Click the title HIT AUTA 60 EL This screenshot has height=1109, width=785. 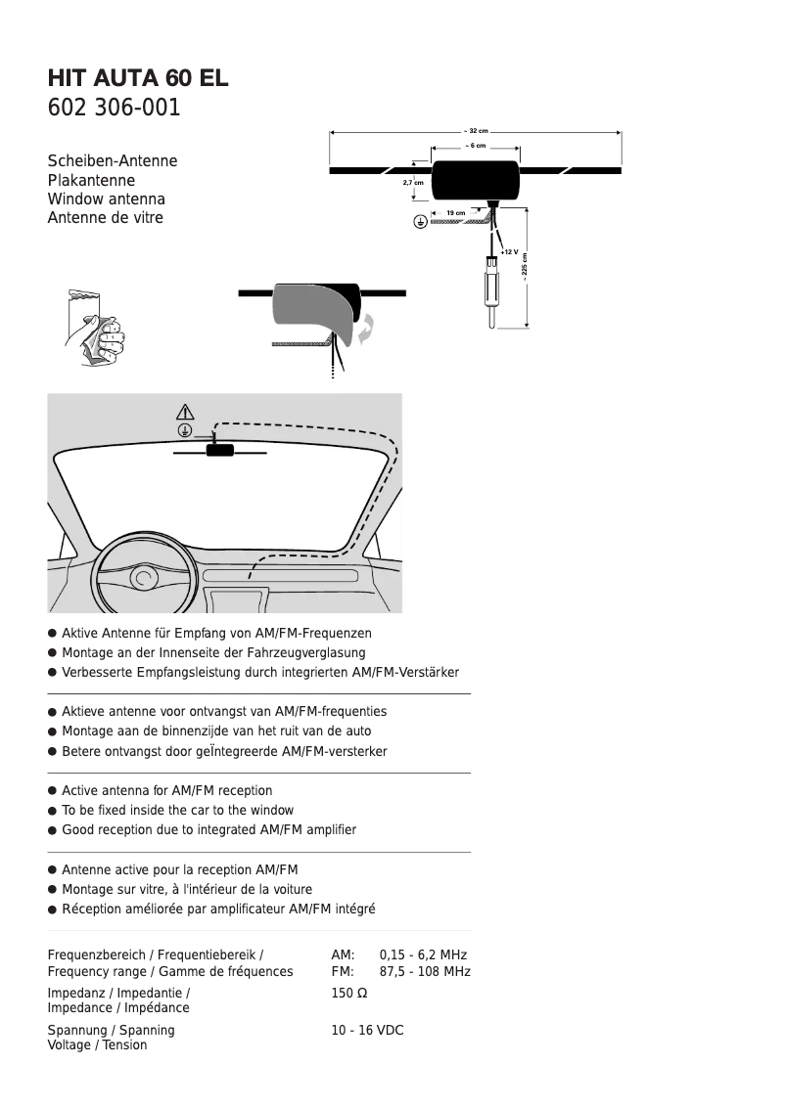click(x=138, y=78)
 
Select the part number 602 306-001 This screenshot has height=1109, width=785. click(x=115, y=108)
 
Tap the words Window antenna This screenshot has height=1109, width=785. click(x=107, y=200)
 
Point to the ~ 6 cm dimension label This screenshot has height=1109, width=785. click(x=476, y=145)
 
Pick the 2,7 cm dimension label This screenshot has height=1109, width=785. click(x=413, y=183)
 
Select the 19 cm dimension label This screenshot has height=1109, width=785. click(x=455, y=212)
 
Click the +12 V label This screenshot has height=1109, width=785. click(x=509, y=251)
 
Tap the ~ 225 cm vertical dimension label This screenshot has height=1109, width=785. click(x=525, y=269)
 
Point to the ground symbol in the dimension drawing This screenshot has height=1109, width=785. click(x=419, y=222)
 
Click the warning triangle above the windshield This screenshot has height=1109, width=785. click(x=185, y=411)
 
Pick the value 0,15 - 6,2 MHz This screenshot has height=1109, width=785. click(x=423, y=954)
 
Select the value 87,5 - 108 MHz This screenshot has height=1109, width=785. click(x=425, y=971)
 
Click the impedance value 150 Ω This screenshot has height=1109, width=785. click(x=349, y=993)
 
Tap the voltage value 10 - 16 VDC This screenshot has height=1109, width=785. click(x=367, y=1031)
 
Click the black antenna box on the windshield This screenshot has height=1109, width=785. click(x=219, y=450)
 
